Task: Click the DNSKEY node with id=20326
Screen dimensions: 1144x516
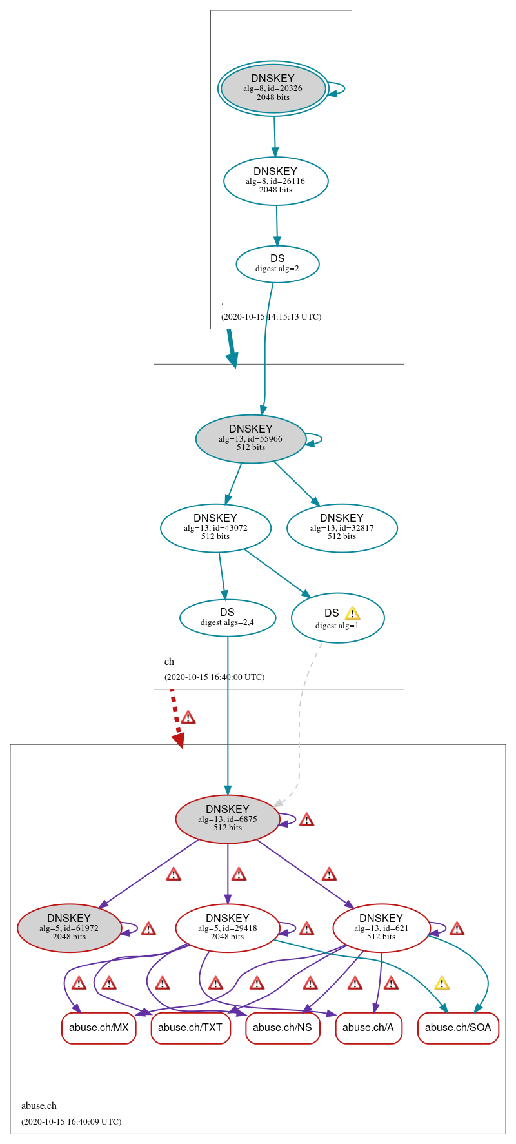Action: [273, 88]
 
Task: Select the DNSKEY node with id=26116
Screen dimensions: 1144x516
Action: [275, 181]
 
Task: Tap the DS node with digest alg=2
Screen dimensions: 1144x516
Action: [277, 264]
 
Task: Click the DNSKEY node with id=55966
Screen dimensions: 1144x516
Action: [250, 438]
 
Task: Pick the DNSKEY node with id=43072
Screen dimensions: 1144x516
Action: [215, 527]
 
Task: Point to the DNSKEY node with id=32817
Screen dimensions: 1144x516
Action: [342, 527]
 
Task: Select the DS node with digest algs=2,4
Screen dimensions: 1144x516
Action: [227, 618]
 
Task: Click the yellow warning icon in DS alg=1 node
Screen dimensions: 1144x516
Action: [352, 613]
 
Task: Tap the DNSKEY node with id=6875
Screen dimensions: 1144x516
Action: [227, 819]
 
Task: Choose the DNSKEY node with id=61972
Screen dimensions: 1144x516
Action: [69, 928]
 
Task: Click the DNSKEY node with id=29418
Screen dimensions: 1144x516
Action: [227, 928]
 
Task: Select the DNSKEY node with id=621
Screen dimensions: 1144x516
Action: [381, 928]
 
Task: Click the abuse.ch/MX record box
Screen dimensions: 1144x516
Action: [99, 1027]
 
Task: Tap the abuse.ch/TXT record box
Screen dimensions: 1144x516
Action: [190, 1027]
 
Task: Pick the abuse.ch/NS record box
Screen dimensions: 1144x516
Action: [283, 1027]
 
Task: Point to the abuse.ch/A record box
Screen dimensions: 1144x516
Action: [368, 1027]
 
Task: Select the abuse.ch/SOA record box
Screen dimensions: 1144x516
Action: [458, 1027]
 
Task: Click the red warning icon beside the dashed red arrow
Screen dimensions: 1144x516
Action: [188, 717]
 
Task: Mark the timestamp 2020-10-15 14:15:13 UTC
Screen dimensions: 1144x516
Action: [271, 317]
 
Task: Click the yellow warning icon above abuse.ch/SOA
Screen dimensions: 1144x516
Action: [441, 983]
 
